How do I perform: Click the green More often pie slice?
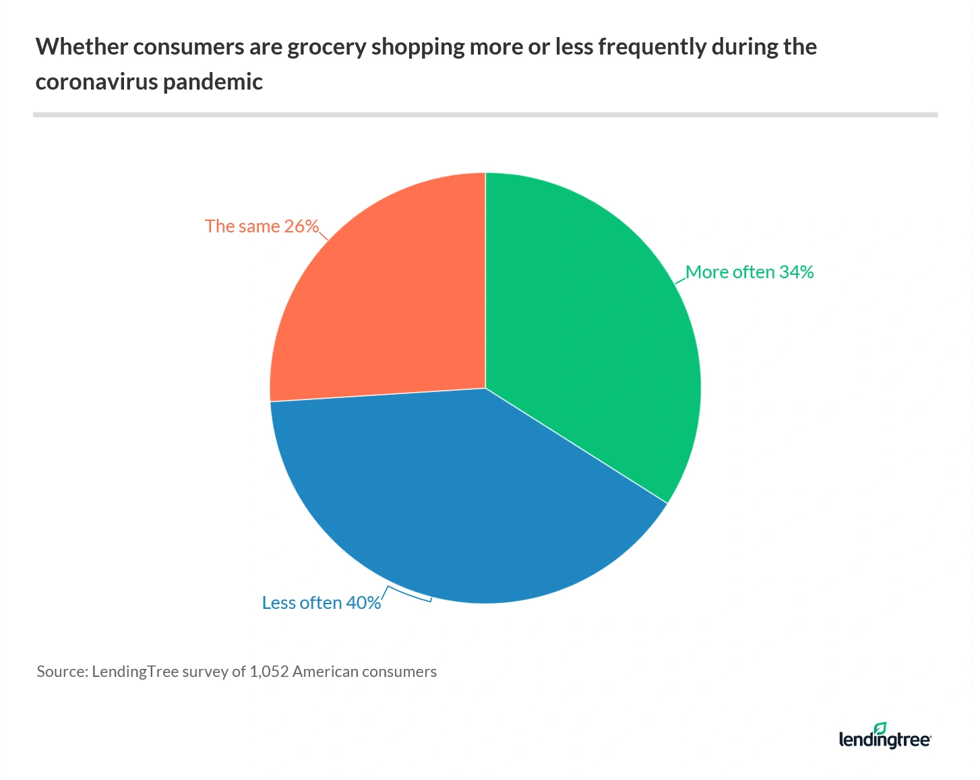tap(593, 337)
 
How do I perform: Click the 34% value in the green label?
tap(796, 272)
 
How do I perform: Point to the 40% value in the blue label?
tap(363, 603)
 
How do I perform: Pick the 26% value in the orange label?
tap(301, 226)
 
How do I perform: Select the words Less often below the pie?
tap(302, 603)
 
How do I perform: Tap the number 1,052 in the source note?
tap(269, 672)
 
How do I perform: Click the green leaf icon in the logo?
tap(880, 728)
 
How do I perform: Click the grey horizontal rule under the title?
tap(485, 115)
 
